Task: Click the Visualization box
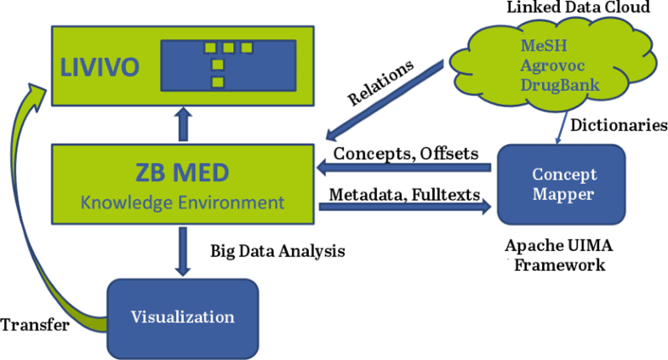(x=182, y=317)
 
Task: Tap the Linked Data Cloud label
(x=566, y=9)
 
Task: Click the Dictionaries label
(x=618, y=125)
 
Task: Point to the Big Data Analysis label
(x=277, y=251)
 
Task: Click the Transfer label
(x=34, y=325)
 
